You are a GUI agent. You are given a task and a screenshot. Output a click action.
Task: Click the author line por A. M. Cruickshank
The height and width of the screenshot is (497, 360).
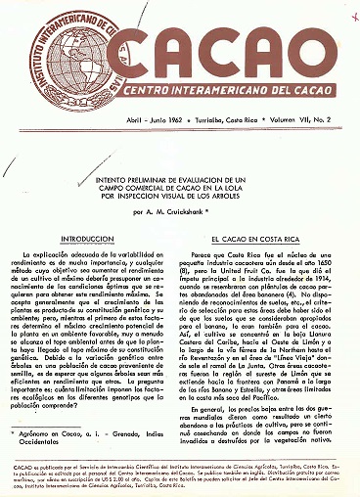pos(181,212)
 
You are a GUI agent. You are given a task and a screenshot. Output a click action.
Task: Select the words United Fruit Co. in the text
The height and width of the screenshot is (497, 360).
pos(269,273)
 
